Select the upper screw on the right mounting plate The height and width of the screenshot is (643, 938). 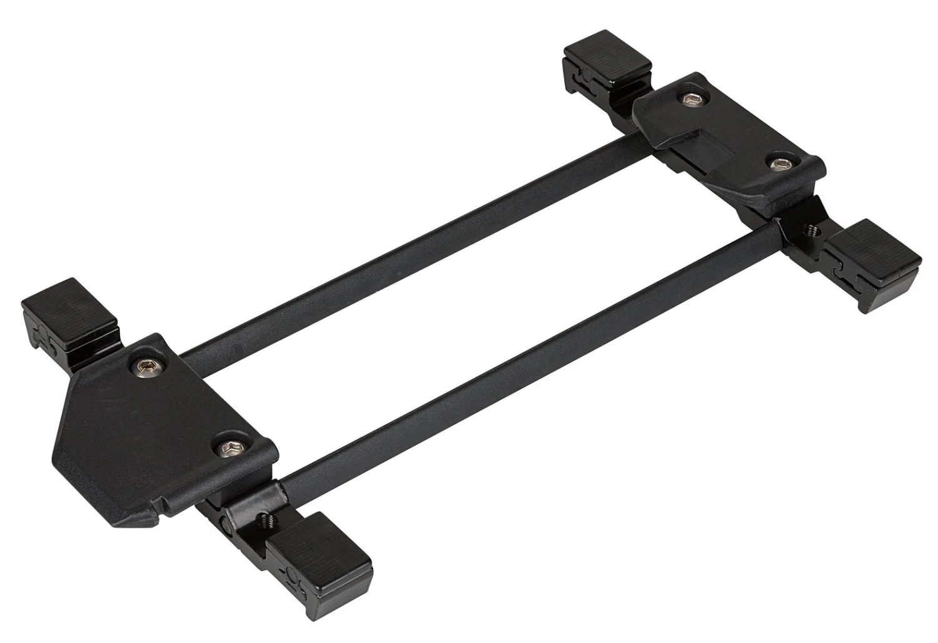pos(688,100)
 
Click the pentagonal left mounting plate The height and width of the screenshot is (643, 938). pos(156,426)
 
